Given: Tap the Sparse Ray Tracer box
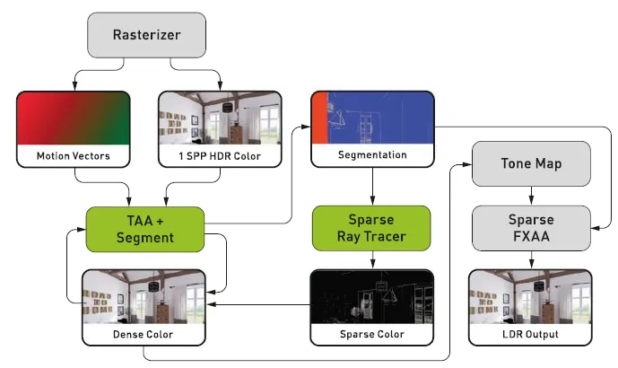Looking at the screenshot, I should coord(371,228).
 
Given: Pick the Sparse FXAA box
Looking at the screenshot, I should coord(531,228).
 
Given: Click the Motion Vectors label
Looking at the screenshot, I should coord(74,155).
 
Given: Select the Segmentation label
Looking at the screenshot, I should coord(371,155).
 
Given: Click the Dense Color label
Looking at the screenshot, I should coord(144,335).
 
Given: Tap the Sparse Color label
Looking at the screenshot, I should coord(371,335).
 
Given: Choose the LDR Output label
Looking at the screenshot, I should coord(531,335).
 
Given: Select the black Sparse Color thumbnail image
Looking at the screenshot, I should coord(371,297).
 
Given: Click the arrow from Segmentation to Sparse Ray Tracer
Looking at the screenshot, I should coord(371,186).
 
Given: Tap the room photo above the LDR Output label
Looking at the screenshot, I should coord(531,297).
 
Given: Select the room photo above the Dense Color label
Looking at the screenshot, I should coord(144,297).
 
